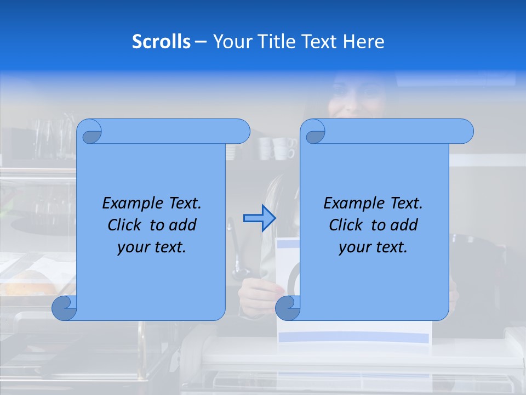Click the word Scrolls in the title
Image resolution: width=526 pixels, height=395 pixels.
pyautogui.click(x=161, y=42)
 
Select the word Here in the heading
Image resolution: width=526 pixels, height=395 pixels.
pyautogui.click(x=363, y=42)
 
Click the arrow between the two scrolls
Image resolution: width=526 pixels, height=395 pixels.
pyautogui.click(x=259, y=218)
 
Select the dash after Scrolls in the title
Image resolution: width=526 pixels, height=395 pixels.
pyautogui.click(x=201, y=42)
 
